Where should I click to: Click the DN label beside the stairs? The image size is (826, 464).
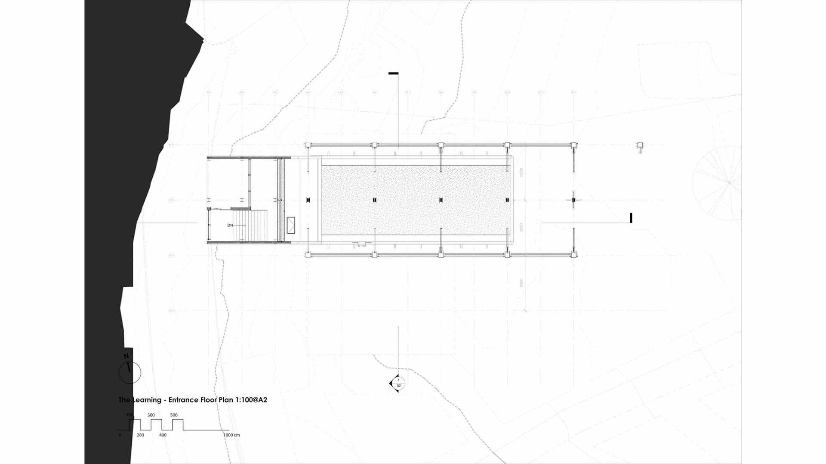pos(230,225)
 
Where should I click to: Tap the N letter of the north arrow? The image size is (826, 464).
pos(126,356)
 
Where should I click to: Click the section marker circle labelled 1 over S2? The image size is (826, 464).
pos(398,383)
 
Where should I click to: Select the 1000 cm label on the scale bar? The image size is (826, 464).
pos(231,435)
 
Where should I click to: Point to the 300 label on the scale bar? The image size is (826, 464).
pos(151,415)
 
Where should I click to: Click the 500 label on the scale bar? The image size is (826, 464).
pos(174,415)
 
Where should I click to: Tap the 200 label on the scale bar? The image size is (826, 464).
pos(140,435)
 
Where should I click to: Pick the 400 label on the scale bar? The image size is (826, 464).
pos(163,435)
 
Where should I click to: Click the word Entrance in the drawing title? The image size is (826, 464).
pos(183,400)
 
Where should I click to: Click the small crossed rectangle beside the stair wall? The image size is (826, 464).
pos(291,225)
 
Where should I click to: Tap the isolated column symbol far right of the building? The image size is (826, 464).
pos(640,146)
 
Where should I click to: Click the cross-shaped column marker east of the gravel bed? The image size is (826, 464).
pos(573,200)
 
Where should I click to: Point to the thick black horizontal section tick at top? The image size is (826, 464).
pos(393,73)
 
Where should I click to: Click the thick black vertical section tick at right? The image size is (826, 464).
pos(631,218)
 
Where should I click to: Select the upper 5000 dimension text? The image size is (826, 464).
pos(521,172)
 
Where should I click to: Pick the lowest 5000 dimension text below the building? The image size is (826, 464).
pos(521,283)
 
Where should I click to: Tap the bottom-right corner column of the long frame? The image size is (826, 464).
pos(573,255)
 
